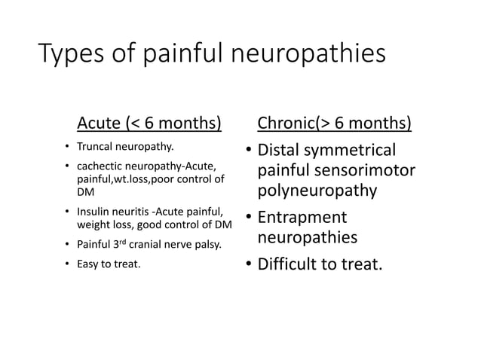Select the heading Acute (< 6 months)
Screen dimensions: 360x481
coord(149,123)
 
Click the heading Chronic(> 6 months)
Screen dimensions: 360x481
coord(335,123)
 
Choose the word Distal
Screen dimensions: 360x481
coord(281,151)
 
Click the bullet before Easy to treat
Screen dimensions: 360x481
coord(67,264)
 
